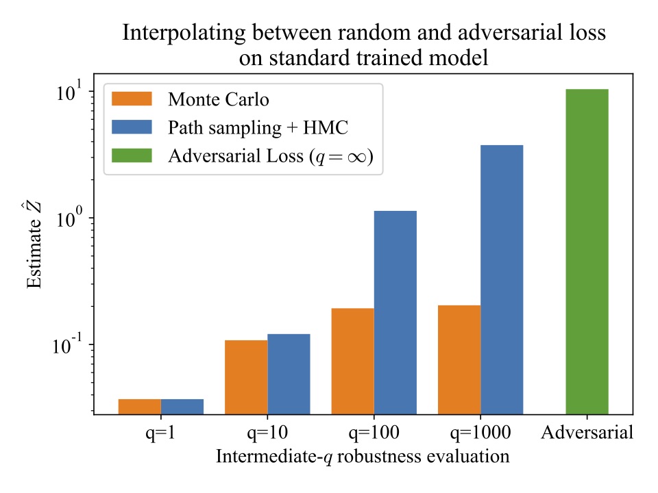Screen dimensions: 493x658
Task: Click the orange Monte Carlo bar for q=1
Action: [140, 406]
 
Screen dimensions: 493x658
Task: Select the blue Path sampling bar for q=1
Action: [182, 406]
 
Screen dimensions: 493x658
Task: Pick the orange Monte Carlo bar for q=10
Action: [246, 377]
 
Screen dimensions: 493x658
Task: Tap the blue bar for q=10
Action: [289, 374]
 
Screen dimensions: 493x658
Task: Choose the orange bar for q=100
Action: [352, 361]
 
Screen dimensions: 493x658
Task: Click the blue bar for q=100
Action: [395, 312]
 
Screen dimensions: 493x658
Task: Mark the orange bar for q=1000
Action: [459, 359]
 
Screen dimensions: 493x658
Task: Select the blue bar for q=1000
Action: [501, 279]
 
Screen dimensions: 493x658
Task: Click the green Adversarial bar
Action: [587, 251]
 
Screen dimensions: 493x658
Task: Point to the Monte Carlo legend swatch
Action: [132, 99]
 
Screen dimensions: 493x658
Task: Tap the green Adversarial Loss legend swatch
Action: [132, 155]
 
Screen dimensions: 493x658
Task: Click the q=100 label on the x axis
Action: [374, 433]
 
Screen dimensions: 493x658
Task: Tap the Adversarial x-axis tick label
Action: [587, 433]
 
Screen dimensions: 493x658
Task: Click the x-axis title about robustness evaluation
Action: [363, 457]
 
